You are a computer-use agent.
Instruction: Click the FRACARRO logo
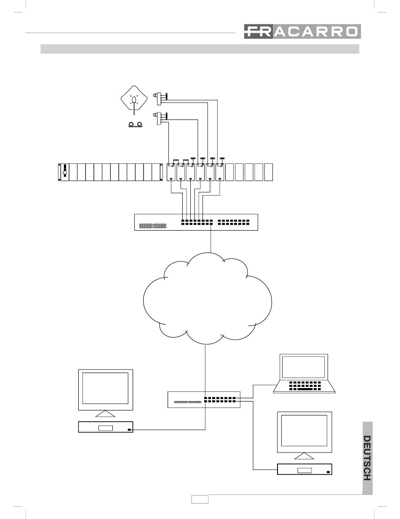302,31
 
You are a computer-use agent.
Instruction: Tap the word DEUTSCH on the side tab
367,458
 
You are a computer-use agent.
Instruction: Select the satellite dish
134,100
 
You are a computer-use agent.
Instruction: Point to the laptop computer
304,373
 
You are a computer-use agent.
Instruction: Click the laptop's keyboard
305,386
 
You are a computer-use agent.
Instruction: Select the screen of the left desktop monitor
105,388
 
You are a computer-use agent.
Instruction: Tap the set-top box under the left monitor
106,427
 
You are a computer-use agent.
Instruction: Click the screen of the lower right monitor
304,430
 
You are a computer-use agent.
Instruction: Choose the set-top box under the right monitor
304,469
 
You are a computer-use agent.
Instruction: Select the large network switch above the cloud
196,222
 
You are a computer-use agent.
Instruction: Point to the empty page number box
200,499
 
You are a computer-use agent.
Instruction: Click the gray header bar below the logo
200,49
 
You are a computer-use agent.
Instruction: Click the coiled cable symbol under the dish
135,124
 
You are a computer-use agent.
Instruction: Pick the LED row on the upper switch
152,226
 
